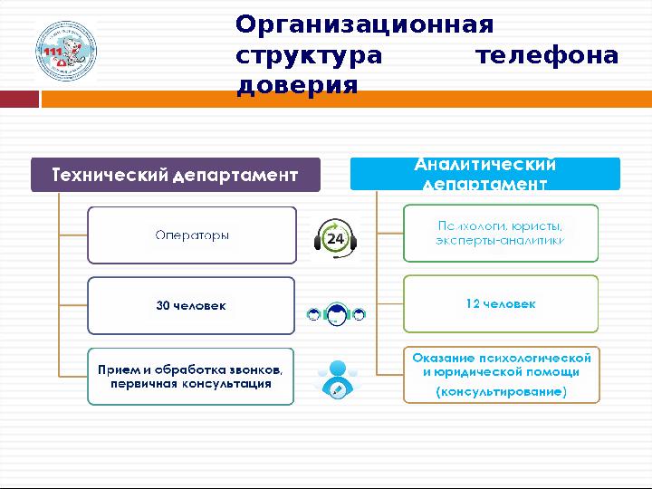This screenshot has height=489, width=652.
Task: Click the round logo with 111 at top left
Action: tap(65, 53)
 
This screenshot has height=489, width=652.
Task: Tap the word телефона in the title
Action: tap(548, 55)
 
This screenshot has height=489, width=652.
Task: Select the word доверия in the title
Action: tap(297, 86)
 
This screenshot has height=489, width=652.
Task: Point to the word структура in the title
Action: tap(309, 55)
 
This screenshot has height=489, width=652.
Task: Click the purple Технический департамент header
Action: tap(176, 175)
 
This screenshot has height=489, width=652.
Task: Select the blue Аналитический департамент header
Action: tap(484, 174)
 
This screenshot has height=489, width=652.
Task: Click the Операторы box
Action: tap(191, 235)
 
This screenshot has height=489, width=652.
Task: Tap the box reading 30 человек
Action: tap(191, 305)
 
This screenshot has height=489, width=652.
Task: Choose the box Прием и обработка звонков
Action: tap(191, 377)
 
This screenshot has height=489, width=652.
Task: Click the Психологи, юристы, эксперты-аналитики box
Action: tap(500, 233)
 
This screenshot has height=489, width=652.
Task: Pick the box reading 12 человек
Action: tap(500, 304)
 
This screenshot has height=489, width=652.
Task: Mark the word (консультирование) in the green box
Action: tap(501, 392)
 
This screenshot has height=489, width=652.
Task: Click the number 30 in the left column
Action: tap(163, 305)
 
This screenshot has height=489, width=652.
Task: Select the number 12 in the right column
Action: tap(472, 304)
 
